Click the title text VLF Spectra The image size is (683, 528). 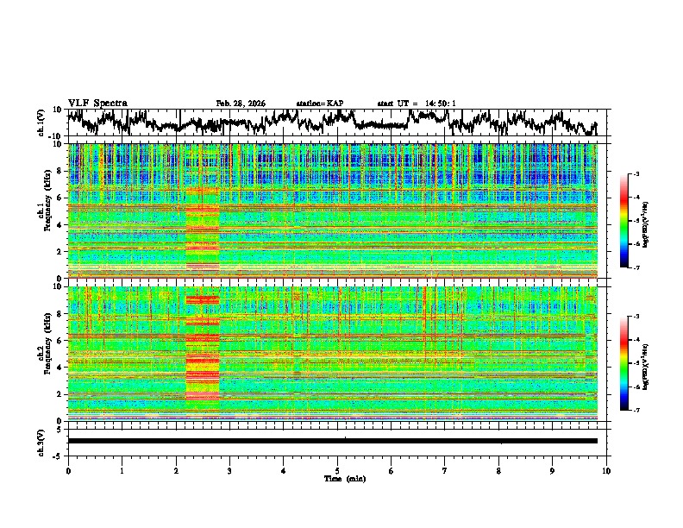pyautogui.click(x=97, y=103)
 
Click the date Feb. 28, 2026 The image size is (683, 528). pyautogui.click(x=241, y=104)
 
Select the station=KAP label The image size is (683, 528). pyautogui.click(x=320, y=104)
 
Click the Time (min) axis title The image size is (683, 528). pyautogui.click(x=337, y=478)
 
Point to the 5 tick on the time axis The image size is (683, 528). pyautogui.click(x=337, y=470)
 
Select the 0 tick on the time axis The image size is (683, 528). pyautogui.click(x=68, y=470)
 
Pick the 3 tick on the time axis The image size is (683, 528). pyautogui.click(x=229, y=470)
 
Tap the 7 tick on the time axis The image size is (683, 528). pyautogui.click(x=445, y=470)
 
